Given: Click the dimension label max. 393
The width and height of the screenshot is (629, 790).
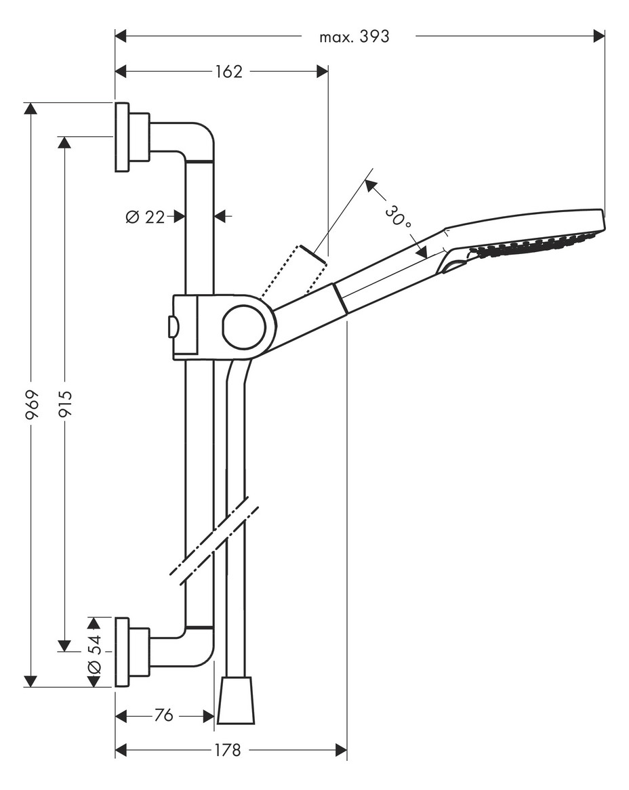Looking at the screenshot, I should (x=354, y=37).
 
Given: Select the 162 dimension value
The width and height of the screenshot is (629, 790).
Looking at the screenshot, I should (x=229, y=72).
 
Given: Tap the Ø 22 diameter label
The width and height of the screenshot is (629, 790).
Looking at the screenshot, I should (x=145, y=217).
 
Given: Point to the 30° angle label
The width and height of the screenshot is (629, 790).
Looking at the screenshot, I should (x=398, y=216).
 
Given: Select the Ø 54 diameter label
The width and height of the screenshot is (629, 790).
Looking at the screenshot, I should (x=95, y=653).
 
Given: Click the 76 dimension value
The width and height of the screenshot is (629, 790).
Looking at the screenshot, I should (x=163, y=715).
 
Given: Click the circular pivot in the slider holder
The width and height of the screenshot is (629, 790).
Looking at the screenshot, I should (x=244, y=327).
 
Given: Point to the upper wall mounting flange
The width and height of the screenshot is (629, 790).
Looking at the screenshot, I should (x=122, y=137).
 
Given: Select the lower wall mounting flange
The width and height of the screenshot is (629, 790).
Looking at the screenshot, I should (x=122, y=652).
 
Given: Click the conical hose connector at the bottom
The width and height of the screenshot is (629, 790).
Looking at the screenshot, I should (x=236, y=699).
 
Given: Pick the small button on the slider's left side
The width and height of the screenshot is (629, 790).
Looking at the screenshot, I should (x=173, y=327).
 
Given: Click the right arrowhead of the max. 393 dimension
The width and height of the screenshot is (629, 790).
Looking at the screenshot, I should (x=599, y=36).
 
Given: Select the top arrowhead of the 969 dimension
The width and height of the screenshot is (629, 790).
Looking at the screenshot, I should (x=31, y=108).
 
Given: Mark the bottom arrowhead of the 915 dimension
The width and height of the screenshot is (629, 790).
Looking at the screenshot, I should (x=64, y=646).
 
